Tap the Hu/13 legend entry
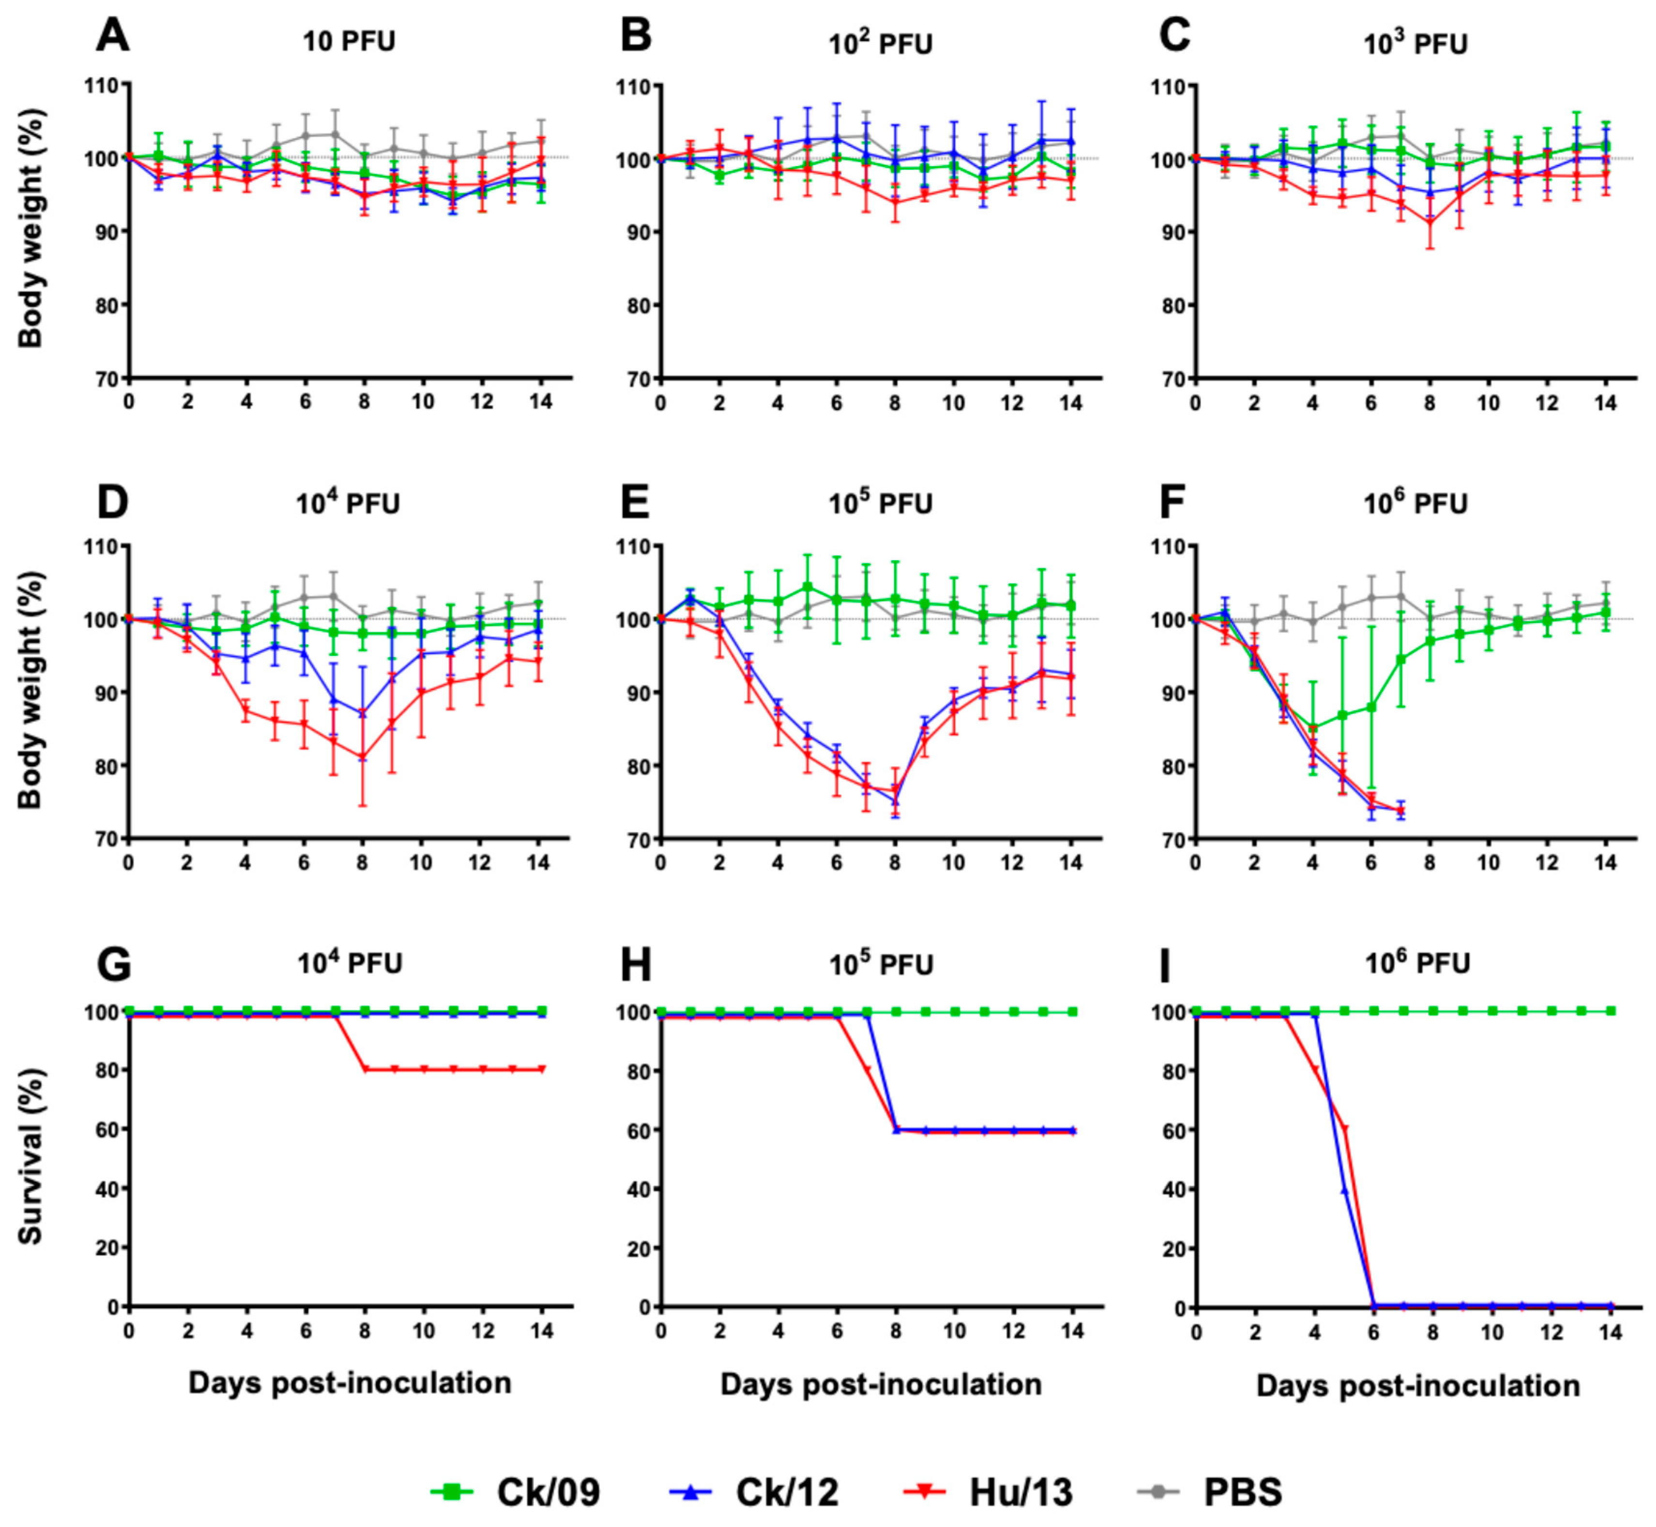pos(988,1492)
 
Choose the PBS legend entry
pos(1211,1492)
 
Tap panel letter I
pos(1165,964)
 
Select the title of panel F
pos(1415,503)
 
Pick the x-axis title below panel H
pos(881,1385)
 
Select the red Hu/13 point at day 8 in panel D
pos(363,757)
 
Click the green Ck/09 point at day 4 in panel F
pos(1313,728)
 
